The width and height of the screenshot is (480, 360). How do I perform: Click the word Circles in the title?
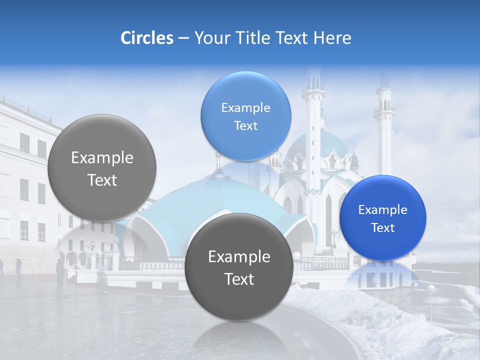click(x=146, y=38)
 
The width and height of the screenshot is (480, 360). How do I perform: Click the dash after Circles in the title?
click(x=183, y=38)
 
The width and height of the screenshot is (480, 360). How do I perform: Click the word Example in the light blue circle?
click(x=245, y=108)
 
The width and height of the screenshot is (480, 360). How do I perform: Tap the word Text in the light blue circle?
click(x=245, y=126)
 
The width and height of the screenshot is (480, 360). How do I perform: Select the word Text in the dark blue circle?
click(x=383, y=228)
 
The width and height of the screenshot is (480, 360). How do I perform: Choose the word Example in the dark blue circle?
click(x=383, y=210)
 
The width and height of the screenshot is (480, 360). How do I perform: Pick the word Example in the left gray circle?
click(x=102, y=158)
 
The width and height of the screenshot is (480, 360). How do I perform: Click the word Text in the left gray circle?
click(x=102, y=180)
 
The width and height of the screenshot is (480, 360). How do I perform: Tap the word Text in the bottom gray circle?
click(x=239, y=279)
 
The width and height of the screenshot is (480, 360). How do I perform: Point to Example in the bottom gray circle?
click(x=239, y=257)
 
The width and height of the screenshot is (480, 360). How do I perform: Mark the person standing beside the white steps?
click(x=60, y=270)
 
